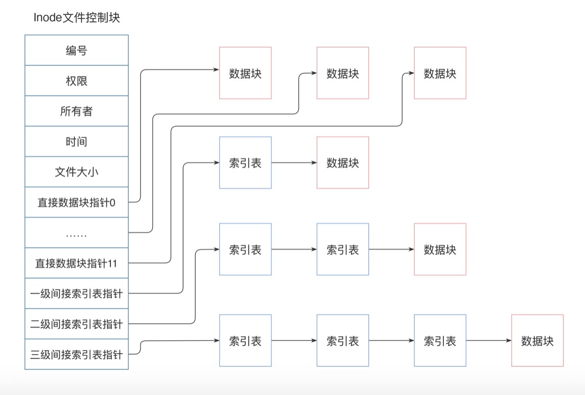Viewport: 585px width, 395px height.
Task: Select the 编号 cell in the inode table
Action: (77, 50)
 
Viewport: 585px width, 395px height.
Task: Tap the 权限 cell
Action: (77, 81)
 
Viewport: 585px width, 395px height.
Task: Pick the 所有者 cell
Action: (77, 111)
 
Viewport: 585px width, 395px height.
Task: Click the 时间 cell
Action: (77, 142)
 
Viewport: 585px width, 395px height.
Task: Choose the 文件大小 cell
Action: (77, 172)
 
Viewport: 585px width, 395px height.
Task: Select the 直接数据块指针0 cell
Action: (77, 203)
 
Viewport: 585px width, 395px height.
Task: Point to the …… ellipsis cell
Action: (77, 233)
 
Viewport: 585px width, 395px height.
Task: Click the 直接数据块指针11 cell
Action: (77, 264)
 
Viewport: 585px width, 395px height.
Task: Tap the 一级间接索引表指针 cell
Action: (77, 294)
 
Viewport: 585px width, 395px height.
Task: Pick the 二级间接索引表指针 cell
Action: (77, 324)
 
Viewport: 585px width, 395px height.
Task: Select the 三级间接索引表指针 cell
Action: (77, 354)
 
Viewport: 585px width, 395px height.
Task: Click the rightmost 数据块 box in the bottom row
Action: (537, 341)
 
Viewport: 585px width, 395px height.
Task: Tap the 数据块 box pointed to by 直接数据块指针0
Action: (245, 73)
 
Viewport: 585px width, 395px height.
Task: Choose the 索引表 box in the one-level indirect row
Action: (245, 163)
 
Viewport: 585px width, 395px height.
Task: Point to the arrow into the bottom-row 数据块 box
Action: (488, 341)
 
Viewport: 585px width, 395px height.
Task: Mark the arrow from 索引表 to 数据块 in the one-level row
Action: (294, 163)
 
